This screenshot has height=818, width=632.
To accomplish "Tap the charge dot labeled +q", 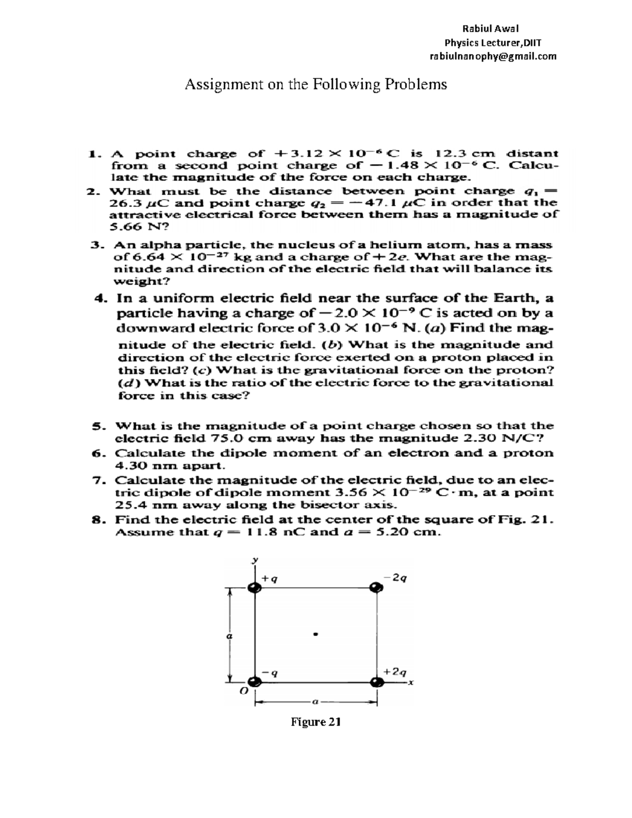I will pos(254,588).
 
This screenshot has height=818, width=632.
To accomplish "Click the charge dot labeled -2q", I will pos(376,588).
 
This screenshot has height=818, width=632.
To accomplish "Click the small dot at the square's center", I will pos(315,634).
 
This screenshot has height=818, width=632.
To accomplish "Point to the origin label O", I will pos(243,693).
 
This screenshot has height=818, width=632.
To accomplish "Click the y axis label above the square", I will pos(253,561).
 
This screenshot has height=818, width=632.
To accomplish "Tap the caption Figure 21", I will pos(316,722).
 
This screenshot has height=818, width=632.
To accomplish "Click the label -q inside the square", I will pos(270,673).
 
